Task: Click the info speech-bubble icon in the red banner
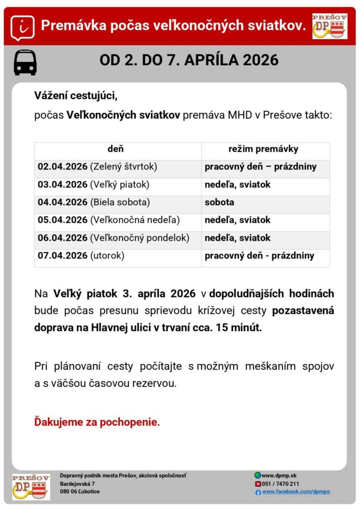point(23,26)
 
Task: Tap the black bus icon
point(25,62)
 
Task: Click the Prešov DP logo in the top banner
point(330,26)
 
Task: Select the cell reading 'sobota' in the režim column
point(219,202)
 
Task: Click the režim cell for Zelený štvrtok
point(261,167)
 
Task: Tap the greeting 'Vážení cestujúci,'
point(76,95)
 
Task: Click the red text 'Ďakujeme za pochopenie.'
point(97,423)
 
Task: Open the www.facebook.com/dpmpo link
point(296,492)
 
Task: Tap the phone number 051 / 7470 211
point(280,484)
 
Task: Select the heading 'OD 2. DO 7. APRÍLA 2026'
point(189,61)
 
